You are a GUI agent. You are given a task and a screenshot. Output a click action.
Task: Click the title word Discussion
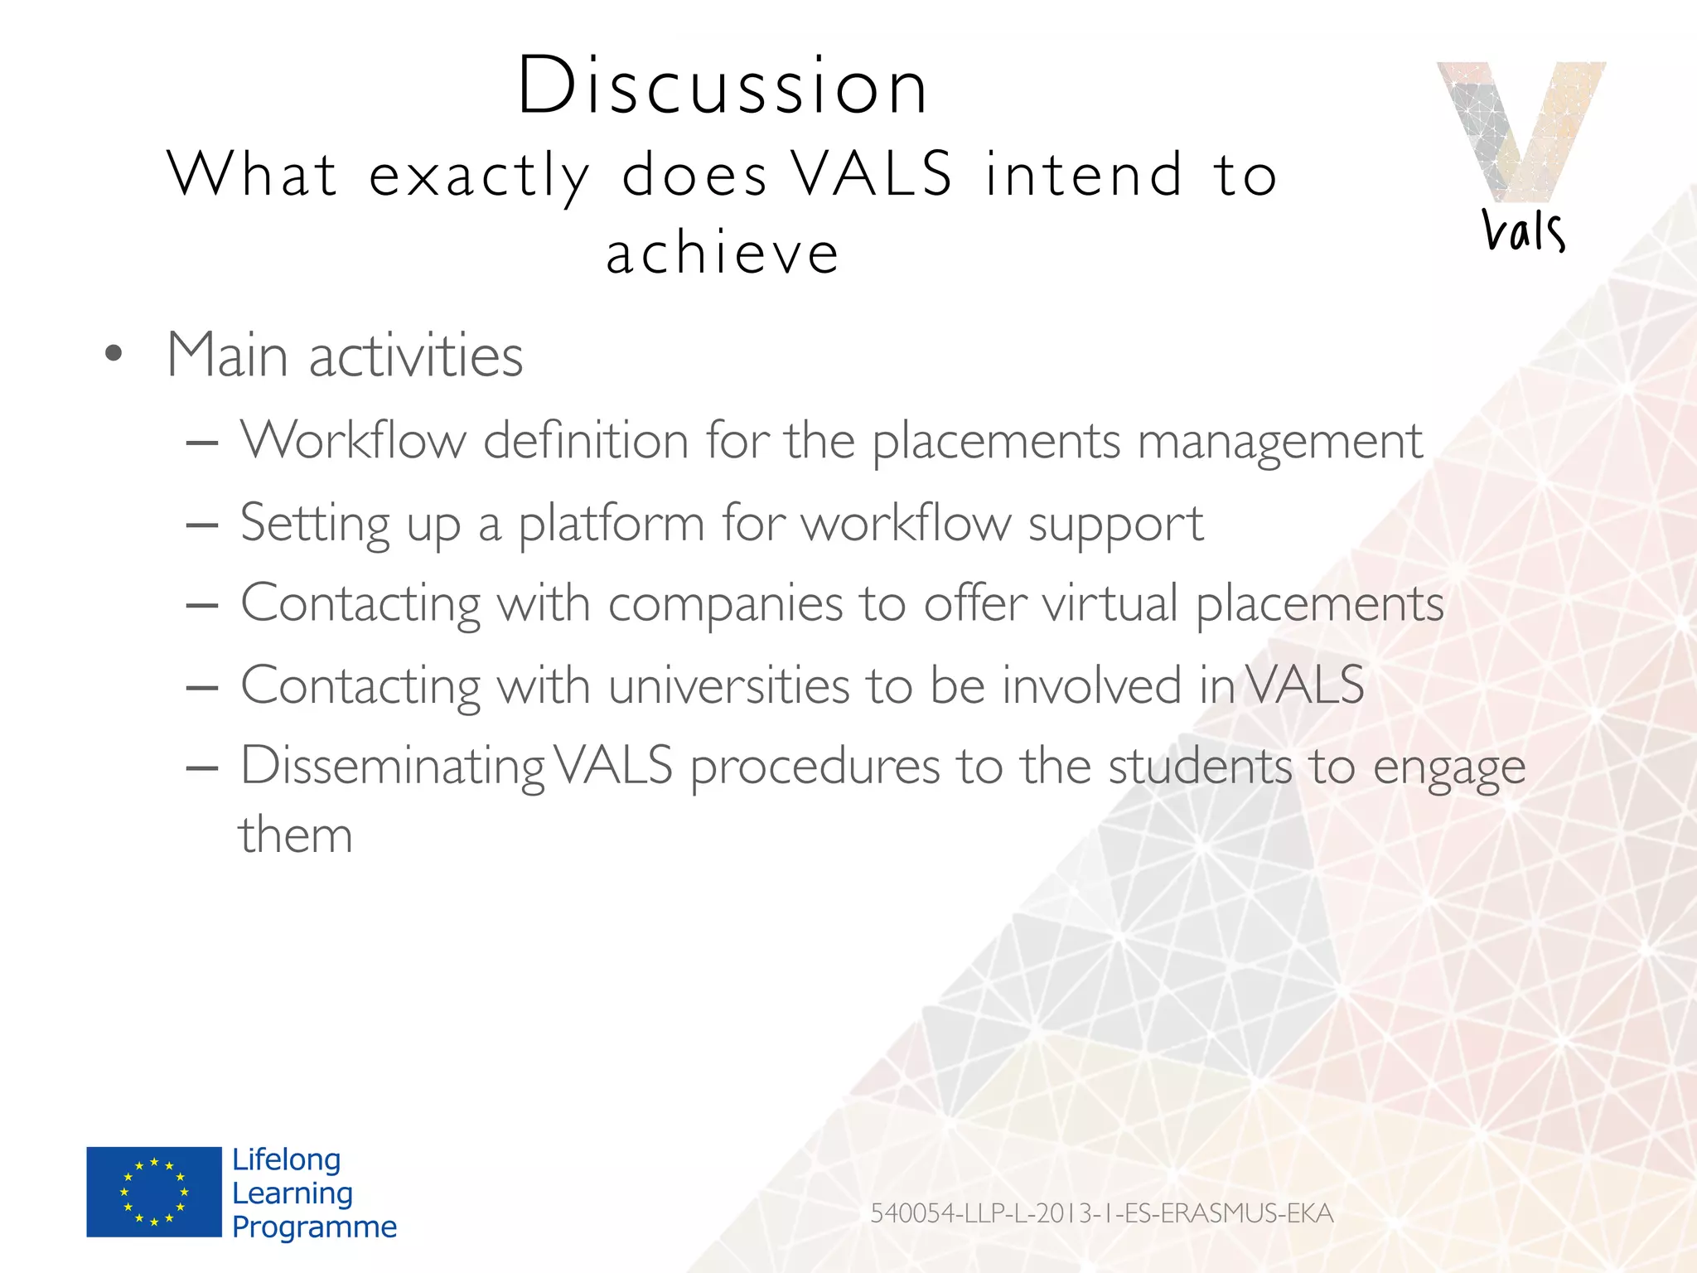723,86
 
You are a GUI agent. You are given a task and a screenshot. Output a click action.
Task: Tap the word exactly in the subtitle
479,176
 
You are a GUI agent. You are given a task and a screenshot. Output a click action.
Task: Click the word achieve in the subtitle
723,254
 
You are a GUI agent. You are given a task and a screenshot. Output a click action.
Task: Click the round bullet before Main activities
114,355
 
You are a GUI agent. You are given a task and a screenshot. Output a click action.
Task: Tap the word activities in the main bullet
416,356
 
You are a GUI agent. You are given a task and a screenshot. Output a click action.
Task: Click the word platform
611,524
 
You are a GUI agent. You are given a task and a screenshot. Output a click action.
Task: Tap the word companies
725,603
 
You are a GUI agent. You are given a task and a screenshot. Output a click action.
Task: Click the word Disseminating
392,766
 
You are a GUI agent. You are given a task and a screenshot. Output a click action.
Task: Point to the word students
1200,766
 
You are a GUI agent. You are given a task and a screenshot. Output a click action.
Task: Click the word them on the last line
296,835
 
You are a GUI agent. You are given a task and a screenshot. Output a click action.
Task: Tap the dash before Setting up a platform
202,525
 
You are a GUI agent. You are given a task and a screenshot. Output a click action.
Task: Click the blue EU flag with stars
154,1192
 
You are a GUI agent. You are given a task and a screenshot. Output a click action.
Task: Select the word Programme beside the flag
314,1227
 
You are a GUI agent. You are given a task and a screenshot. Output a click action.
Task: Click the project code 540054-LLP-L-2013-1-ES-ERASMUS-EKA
1101,1213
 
